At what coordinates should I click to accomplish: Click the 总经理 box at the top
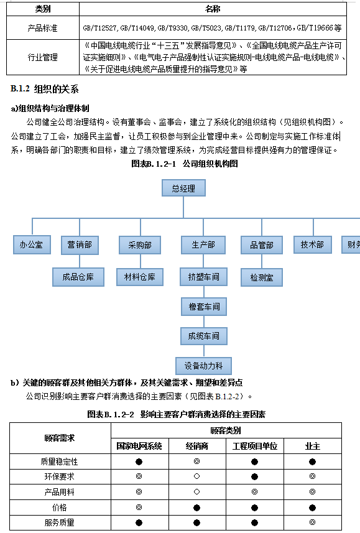click(183, 188)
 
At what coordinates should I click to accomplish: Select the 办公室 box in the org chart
click(32, 245)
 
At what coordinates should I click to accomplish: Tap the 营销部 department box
click(80, 245)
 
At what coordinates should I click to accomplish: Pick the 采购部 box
click(140, 245)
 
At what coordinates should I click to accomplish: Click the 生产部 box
click(203, 245)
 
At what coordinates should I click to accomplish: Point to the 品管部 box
click(262, 245)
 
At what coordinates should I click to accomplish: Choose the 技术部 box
click(312, 244)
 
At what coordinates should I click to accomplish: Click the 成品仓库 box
click(78, 277)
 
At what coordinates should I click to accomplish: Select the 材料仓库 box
click(140, 277)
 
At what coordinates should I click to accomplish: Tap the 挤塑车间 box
click(203, 277)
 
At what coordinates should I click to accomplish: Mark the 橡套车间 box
click(204, 307)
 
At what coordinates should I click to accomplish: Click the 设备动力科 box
click(203, 366)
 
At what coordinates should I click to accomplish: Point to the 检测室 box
click(262, 277)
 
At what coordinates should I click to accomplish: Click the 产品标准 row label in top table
click(42, 28)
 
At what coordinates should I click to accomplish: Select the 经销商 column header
click(197, 446)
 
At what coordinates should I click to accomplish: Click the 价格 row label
click(60, 508)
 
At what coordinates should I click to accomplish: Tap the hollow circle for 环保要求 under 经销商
click(197, 476)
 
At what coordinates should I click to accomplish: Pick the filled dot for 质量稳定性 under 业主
click(312, 461)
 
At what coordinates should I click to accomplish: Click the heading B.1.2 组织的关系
click(45, 89)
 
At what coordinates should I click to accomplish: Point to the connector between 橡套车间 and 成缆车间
click(204, 322)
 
